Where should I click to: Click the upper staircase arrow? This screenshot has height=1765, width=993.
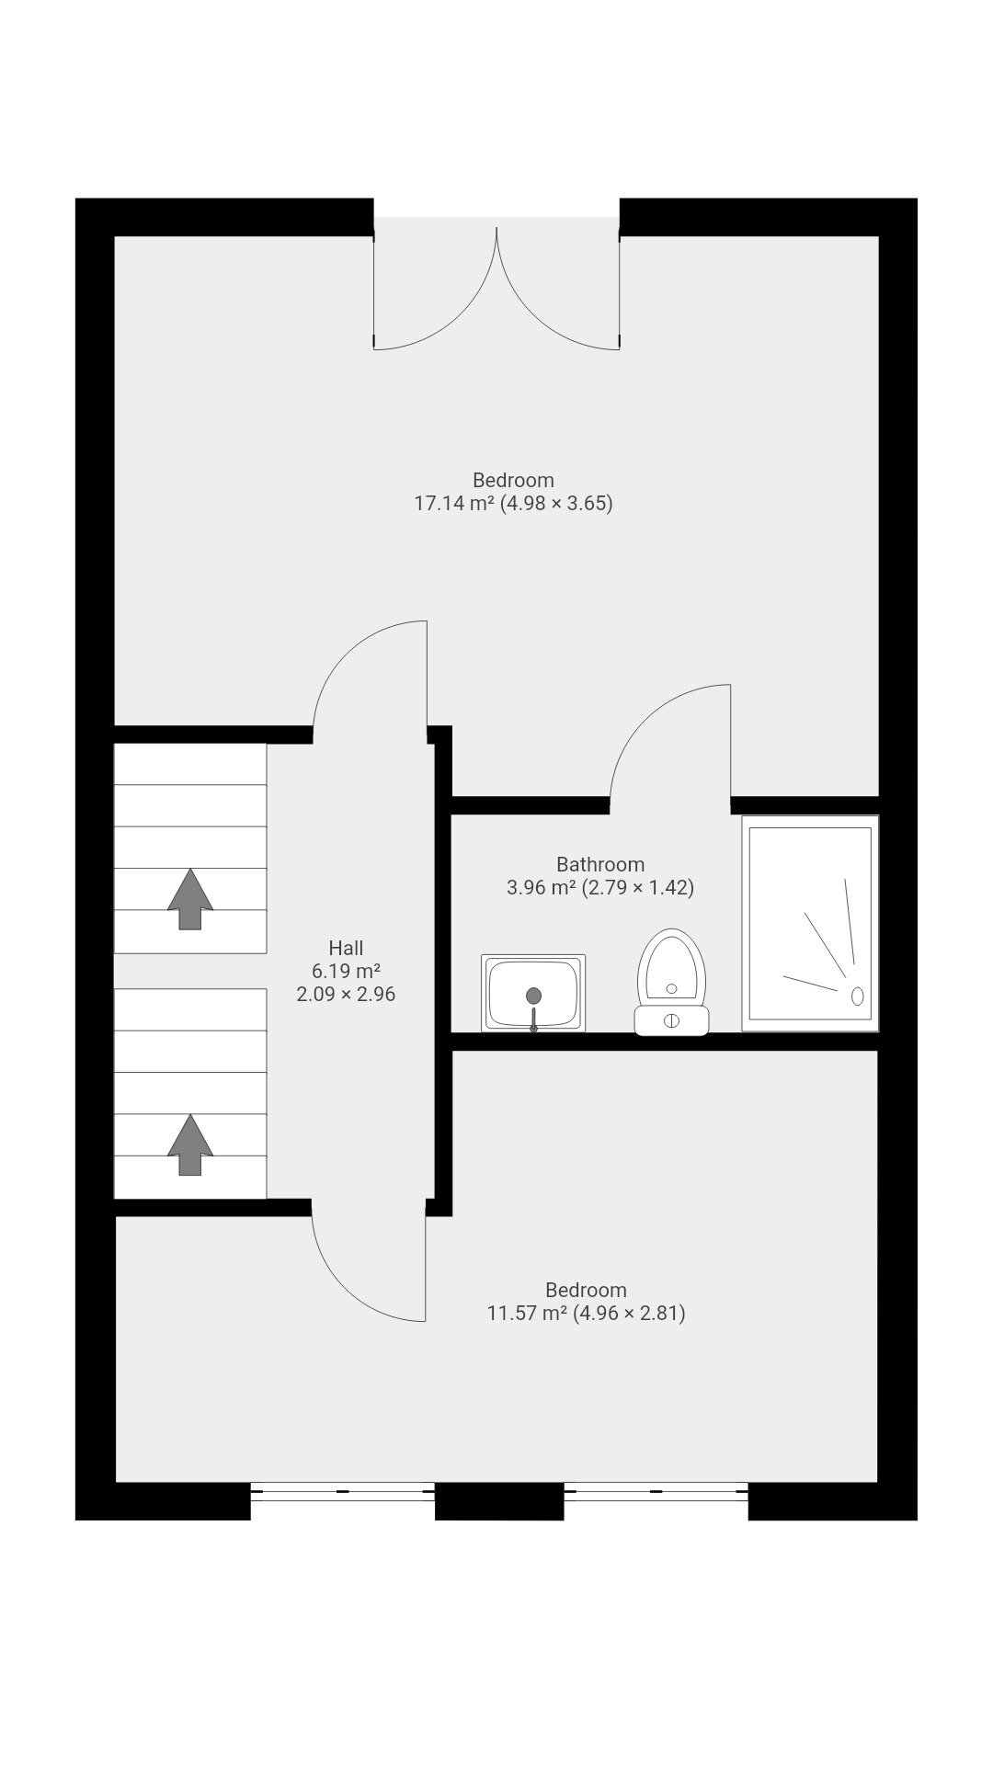point(190,899)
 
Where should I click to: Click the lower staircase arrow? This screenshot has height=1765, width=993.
point(190,1144)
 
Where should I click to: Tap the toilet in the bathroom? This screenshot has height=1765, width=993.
point(672,980)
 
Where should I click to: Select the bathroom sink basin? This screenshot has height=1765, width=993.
point(533,992)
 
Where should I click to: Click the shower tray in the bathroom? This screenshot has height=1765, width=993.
point(810,923)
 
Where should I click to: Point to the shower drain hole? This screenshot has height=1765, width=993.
point(858,996)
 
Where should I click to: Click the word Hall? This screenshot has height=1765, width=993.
point(346,948)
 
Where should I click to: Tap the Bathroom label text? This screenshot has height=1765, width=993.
point(600,864)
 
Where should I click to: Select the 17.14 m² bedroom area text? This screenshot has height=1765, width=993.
point(513,504)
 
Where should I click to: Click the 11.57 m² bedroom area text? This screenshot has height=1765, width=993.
point(586,1314)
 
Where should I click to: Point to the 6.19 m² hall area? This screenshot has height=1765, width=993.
point(346,971)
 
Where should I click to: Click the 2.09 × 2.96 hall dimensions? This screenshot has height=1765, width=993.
point(346,994)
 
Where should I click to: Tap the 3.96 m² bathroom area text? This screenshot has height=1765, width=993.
point(600,888)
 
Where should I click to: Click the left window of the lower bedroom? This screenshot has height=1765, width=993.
point(342,1492)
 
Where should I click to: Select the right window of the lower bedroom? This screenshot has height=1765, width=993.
point(656,1492)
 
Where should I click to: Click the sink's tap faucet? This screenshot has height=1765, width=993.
point(533,1020)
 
